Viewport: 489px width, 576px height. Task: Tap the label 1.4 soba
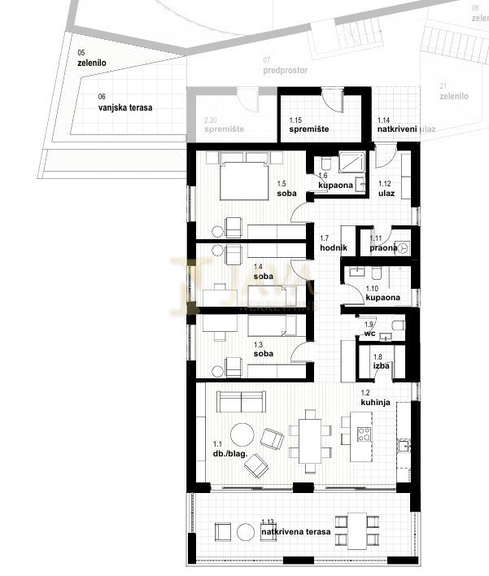pyautogui.click(x=263, y=272)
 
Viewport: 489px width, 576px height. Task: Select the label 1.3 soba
pyautogui.click(x=263, y=349)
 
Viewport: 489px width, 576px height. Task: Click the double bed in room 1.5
pyautogui.click(x=243, y=176)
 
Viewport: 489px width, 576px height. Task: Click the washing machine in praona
pyautogui.click(x=403, y=248)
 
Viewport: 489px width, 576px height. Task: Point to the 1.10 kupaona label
pyautogui.click(x=382, y=293)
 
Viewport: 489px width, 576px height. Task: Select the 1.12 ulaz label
pyautogui.click(x=386, y=188)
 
